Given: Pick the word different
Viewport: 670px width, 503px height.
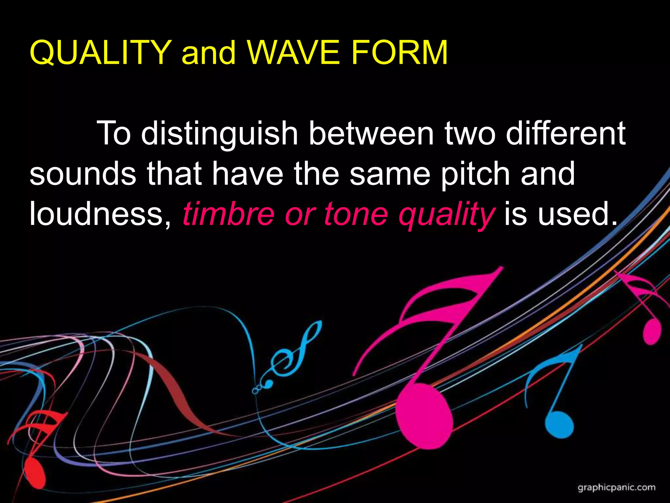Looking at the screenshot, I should (x=566, y=134).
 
